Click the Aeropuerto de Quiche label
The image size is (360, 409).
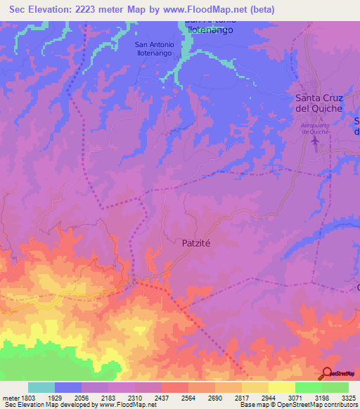click(x=314, y=128)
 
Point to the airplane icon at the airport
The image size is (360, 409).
click(x=314, y=141)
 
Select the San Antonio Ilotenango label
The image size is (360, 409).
click(x=157, y=48)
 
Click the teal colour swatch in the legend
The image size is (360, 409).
click(x=41, y=387)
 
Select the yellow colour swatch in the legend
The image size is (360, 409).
click(x=281, y=387)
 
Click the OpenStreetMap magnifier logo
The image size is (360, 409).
click(x=327, y=373)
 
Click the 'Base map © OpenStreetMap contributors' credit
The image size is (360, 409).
click(x=298, y=405)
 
